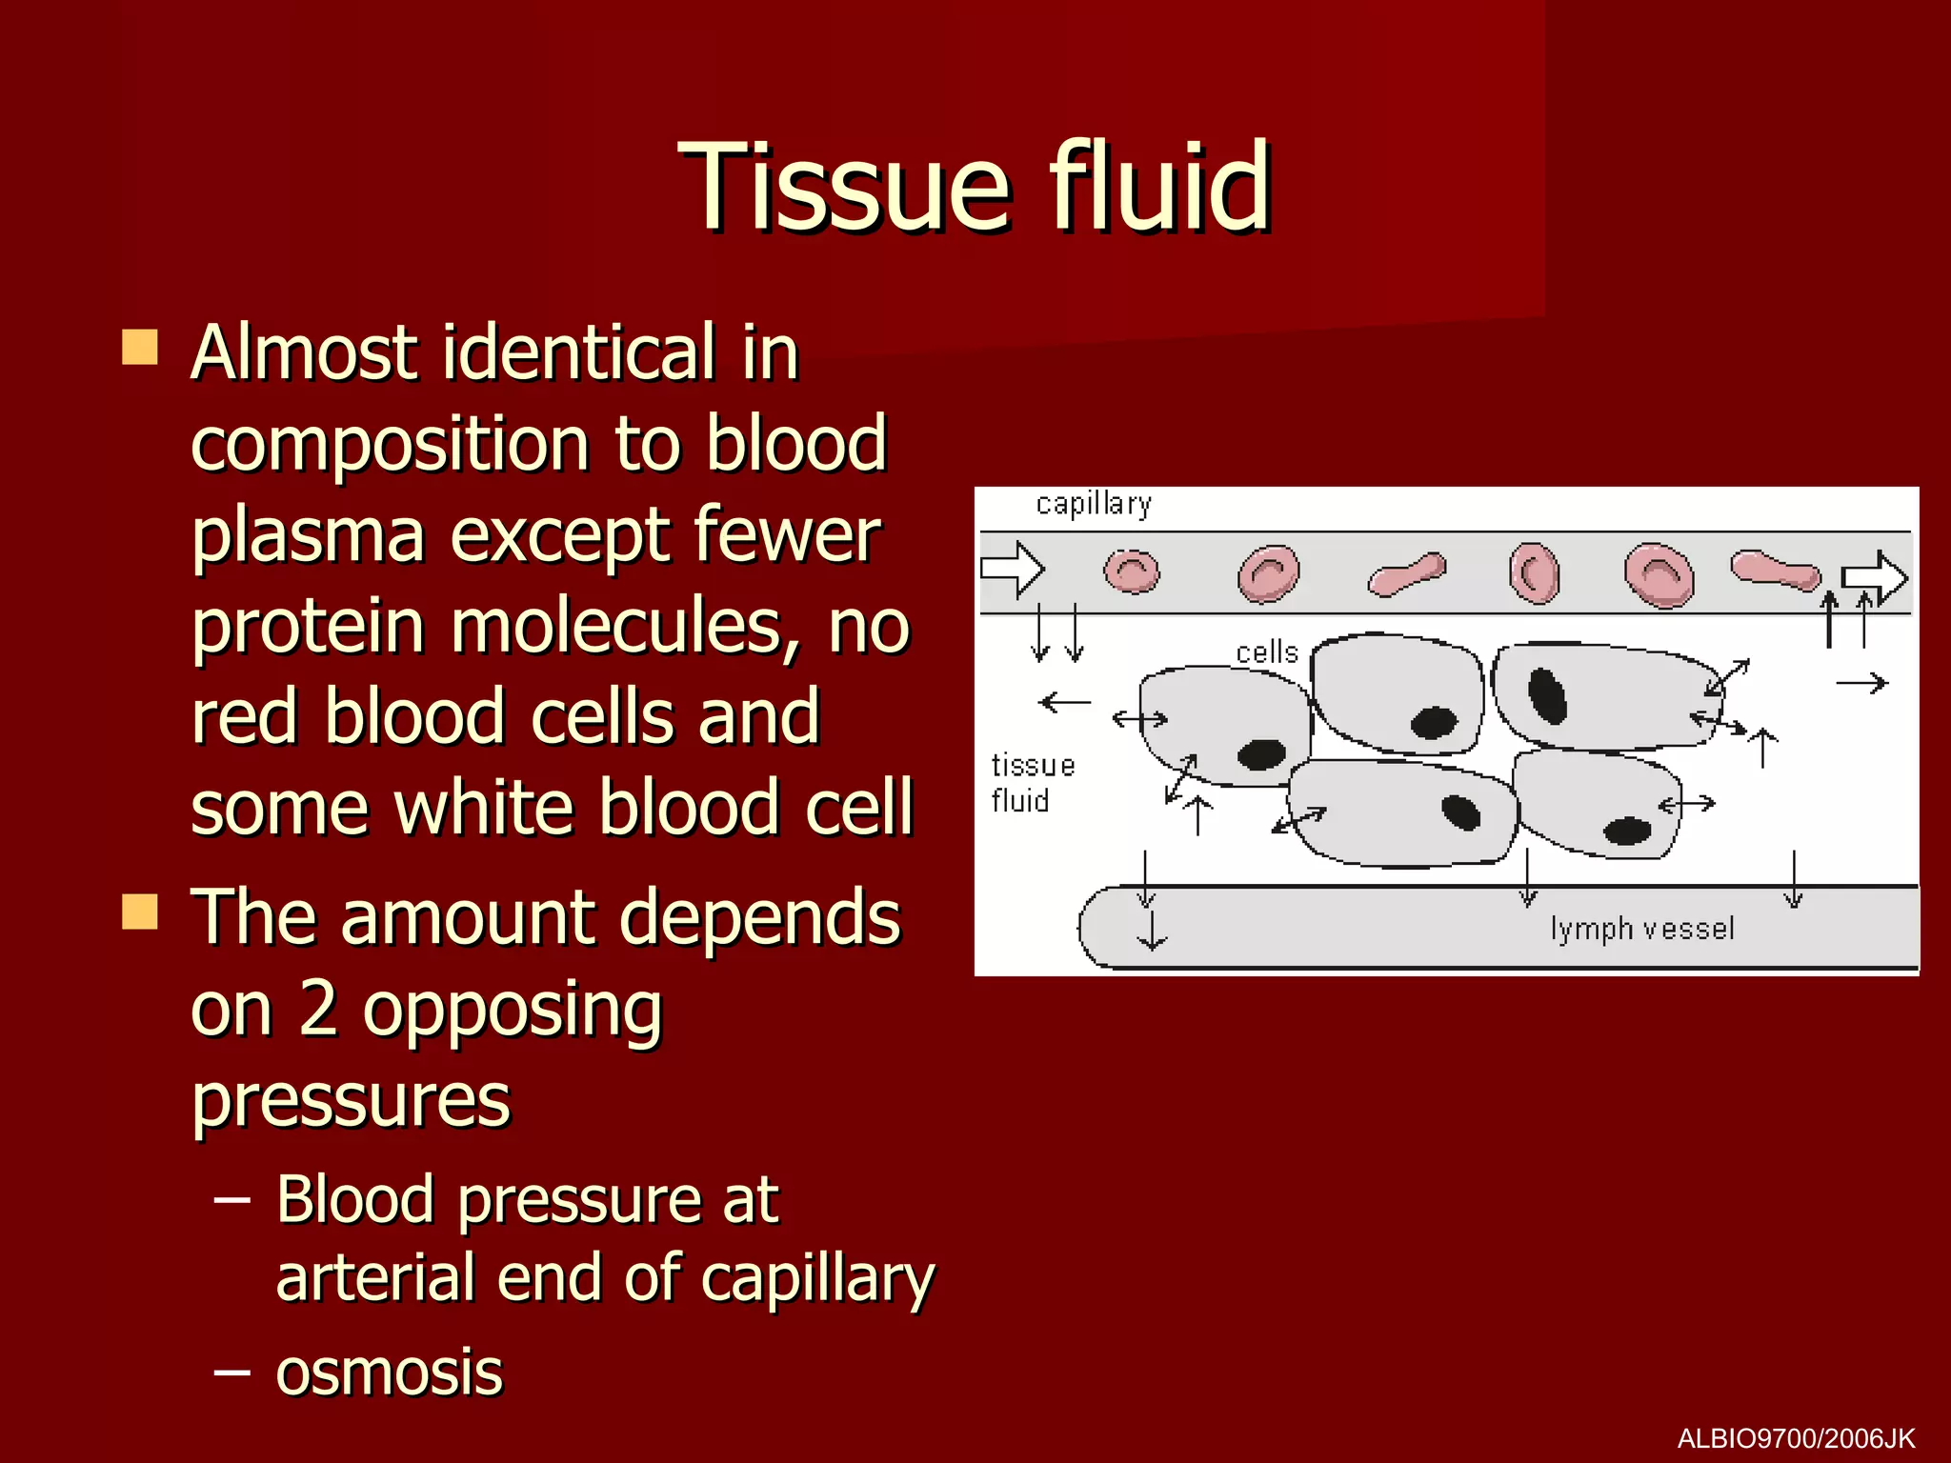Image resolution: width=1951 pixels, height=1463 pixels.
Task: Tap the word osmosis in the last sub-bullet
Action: pyautogui.click(x=389, y=1373)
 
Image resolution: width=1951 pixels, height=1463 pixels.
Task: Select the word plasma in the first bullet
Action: pyautogui.click(x=308, y=536)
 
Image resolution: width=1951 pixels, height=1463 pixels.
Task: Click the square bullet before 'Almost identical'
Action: pyautogui.click(x=140, y=348)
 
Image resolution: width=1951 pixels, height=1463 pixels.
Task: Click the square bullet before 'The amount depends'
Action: pyautogui.click(x=140, y=912)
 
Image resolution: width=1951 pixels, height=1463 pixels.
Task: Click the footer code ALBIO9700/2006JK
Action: pyautogui.click(x=1796, y=1438)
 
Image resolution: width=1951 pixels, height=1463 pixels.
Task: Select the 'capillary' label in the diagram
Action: pyautogui.click(x=1094, y=503)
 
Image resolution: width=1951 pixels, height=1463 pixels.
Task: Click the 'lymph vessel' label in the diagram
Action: pyautogui.click(x=1642, y=928)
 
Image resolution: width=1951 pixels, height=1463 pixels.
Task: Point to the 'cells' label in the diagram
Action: pyautogui.click(x=1266, y=652)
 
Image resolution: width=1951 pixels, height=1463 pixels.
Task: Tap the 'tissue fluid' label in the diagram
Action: pyautogui.click(x=1032, y=783)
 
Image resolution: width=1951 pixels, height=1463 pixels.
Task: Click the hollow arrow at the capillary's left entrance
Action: pyautogui.click(x=1013, y=570)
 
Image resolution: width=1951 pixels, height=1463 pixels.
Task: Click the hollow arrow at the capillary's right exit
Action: pyautogui.click(x=1873, y=577)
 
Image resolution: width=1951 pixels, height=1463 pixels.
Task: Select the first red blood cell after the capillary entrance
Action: pyautogui.click(x=1132, y=572)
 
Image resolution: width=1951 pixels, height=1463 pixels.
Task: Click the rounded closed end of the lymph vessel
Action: pyautogui.click(x=1093, y=927)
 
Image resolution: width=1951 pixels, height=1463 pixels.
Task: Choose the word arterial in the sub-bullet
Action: pyautogui.click(x=374, y=1278)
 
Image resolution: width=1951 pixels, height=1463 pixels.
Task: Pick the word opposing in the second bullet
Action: pyautogui.click(x=512, y=1010)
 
